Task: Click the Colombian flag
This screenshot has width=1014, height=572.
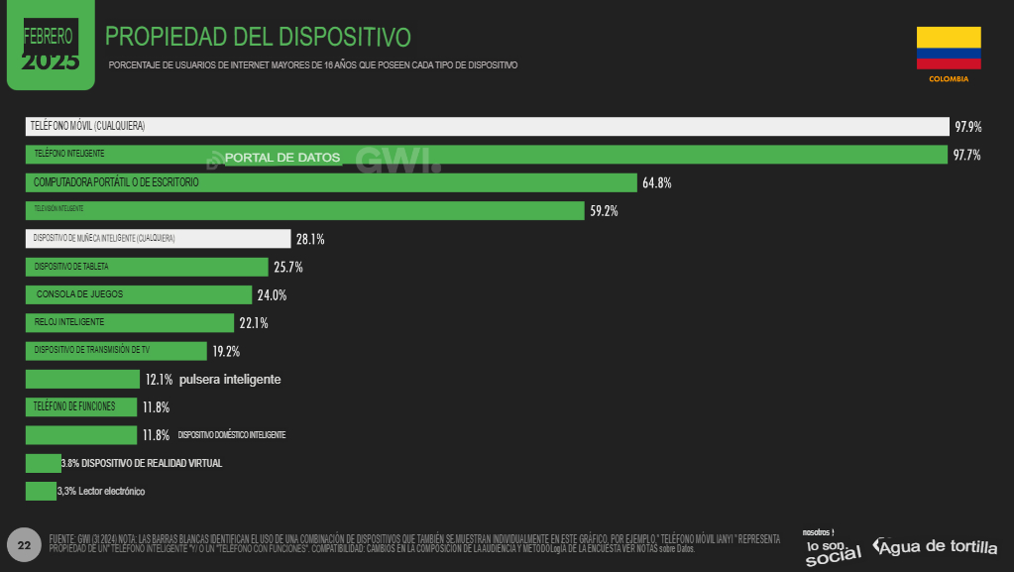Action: click(949, 49)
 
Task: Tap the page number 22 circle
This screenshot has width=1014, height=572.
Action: click(24, 545)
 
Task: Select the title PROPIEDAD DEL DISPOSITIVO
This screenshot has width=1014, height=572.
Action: click(258, 38)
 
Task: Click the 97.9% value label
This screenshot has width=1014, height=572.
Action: click(967, 127)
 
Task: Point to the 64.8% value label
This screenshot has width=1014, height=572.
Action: click(656, 183)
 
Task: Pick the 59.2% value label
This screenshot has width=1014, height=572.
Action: click(604, 211)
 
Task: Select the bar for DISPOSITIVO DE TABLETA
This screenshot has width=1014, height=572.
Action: click(146, 267)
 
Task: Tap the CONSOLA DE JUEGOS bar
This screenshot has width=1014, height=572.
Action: click(138, 295)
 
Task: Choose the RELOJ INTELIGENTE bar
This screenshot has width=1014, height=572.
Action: click(129, 323)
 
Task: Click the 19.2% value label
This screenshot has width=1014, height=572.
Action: click(226, 351)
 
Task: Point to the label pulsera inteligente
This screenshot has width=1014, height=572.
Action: click(230, 380)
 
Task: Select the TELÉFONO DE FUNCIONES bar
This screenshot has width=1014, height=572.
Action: click(81, 407)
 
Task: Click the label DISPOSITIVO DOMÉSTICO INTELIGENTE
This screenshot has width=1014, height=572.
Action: click(232, 435)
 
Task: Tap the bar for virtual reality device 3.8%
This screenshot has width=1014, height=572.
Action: click(43, 463)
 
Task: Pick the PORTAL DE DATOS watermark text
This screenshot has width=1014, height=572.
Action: click(282, 158)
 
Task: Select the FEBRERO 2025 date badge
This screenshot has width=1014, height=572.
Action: click(50, 45)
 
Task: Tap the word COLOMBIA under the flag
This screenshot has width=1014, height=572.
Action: click(949, 78)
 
